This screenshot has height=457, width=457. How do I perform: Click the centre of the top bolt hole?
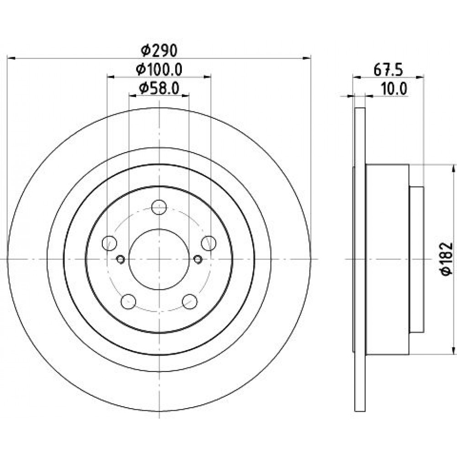[x=159, y=207]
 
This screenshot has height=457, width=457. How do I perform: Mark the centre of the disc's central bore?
[x=159, y=260]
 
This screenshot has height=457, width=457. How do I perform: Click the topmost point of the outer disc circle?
[x=159, y=108]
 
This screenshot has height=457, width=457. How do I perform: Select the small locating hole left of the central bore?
[x=120, y=259]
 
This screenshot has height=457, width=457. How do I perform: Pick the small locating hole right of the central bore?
[x=197, y=259]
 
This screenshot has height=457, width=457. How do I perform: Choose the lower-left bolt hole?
[x=128, y=302]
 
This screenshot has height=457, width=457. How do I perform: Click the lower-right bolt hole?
[x=190, y=302]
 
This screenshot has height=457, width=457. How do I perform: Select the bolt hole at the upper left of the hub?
[x=110, y=243]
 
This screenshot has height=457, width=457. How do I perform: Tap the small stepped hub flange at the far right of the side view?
[x=416, y=260]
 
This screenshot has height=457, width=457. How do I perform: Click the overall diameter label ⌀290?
[x=159, y=51]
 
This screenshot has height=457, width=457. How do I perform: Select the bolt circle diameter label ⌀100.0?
[x=159, y=69]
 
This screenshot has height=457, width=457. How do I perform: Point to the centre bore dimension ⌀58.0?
[x=159, y=88]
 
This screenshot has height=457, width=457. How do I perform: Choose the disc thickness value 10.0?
[x=394, y=89]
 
